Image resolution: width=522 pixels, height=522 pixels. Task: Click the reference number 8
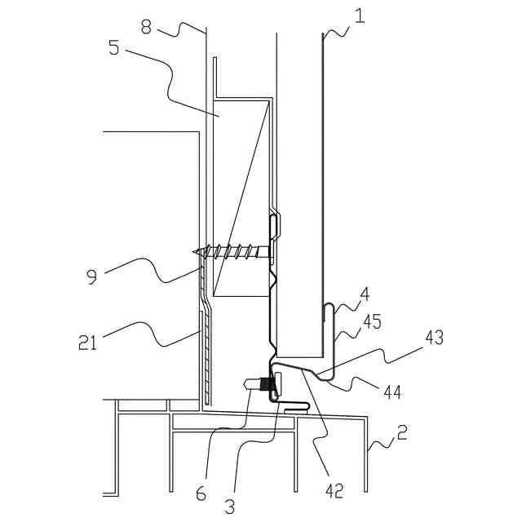point(146,27)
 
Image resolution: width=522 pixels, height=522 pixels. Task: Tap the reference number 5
point(113,47)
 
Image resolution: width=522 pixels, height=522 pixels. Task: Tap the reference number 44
point(391,392)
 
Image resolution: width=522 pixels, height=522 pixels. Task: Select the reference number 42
point(334,489)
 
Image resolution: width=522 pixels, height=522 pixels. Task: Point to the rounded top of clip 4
point(328,306)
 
